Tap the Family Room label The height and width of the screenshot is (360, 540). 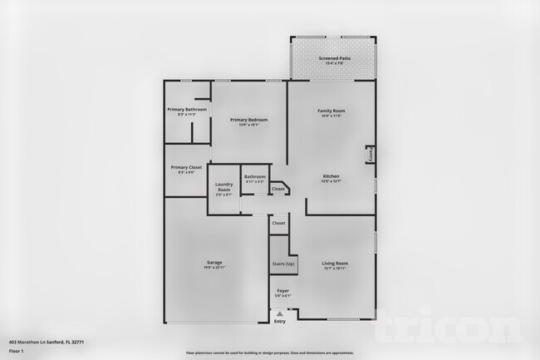pyautogui.click(x=331, y=111)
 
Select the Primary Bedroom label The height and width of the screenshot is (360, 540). pyautogui.click(x=248, y=120)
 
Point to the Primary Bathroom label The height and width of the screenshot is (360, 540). pyautogui.click(x=187, y=109)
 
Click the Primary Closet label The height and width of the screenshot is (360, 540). pyautogui.click(x=186, y=167)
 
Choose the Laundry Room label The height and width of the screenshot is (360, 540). pyautogui.click(x=223, y=187)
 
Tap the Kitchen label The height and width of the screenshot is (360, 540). pyautogui.click(x=331, y=175)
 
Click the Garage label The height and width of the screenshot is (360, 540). pyautogui.click(x=214, y=263)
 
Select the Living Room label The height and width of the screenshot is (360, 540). pyautogui.click(x=335, y=263)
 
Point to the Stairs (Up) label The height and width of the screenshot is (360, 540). pyautogui.click(x=283, y=264)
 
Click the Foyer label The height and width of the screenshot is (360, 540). pyautogui.click(x=282, y=289)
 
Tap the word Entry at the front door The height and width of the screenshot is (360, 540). pyautogui.click(x=279, y=322)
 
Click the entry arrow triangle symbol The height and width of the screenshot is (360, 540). pyautogui.click(x=279, y=313)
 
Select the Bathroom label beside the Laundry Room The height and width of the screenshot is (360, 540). pyautogui.click(x=254, y=176)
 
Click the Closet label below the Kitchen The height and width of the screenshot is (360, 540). pyautogui.click(x=278, y=189)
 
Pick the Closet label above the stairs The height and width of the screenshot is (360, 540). pyautogui.click(x=279, y=223)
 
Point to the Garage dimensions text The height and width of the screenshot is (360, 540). pyautogui.click(x=214, y=268)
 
